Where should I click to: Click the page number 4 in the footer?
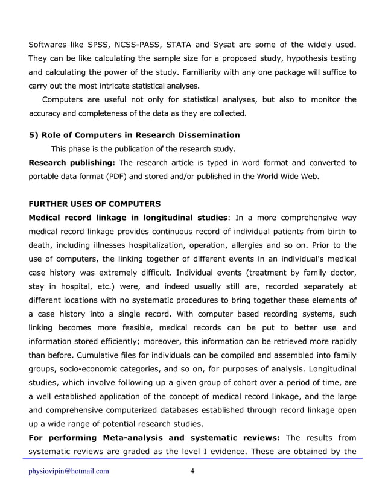[192, 471]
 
